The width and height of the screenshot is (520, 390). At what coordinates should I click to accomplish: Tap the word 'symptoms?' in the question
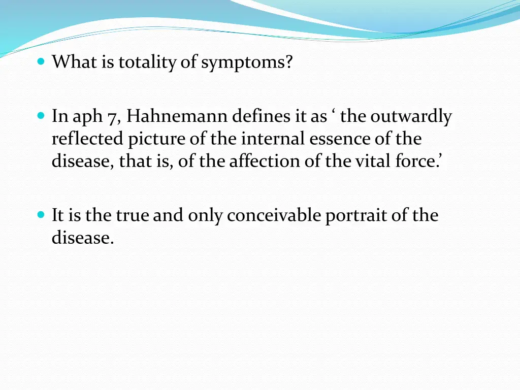[x=247, y=62]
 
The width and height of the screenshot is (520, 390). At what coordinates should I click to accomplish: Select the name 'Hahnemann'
[x=177, y=117]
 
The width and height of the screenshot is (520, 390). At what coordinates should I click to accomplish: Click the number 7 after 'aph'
[x=113, y=117]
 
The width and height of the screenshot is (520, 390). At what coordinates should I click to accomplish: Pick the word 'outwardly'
[x=410, y=117]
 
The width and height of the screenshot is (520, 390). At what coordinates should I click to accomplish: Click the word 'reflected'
[x=87, y=139]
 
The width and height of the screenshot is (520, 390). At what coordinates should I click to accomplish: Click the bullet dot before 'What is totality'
[x=42, y=62]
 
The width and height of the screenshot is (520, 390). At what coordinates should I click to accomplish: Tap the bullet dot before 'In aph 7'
[x=42, y=116]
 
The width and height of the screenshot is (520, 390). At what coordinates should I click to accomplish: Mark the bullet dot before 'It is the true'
[x=42, y=215]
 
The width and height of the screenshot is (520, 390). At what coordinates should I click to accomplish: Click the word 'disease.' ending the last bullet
[x=82, y=238]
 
